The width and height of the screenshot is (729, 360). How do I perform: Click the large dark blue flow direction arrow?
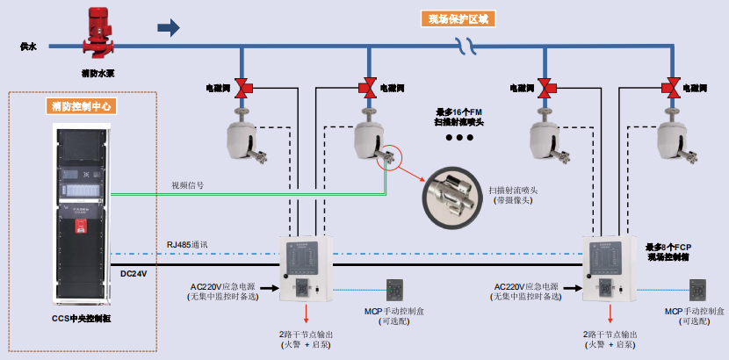(168, 28)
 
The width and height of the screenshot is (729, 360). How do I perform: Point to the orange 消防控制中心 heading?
(83, 107)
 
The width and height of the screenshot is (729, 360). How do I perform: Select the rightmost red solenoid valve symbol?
(672, 88)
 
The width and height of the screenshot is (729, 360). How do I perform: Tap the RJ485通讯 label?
(186, 244)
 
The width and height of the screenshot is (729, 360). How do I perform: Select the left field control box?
(303, 268)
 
